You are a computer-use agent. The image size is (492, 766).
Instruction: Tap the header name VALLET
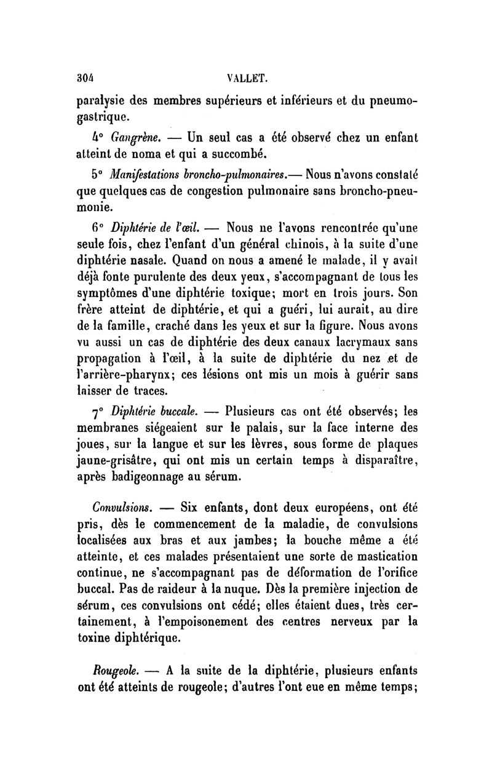(x=245, y=78)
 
